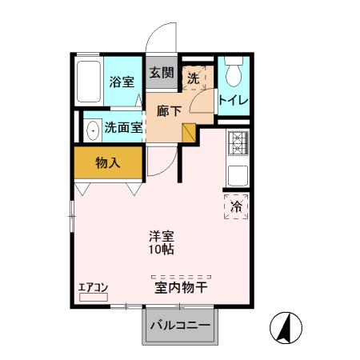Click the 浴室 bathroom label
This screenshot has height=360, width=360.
pyautogui.click(x=122, y=81)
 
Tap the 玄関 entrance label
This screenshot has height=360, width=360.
pyautogui.click(x=161, y=72)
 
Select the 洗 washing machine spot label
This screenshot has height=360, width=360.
pyautogui.click(x=193, y=78)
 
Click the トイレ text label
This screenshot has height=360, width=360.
pyautogui.click(x=233, y=101)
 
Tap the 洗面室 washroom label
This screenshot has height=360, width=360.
pyautogui.click(x=123, y=126)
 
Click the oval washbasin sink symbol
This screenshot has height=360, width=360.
pyautogui.click(x=92, y=127)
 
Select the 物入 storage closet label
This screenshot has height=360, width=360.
pyautogui.click(x=107, y=163)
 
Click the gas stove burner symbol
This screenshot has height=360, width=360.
pyautogui.click(x=238, y=143)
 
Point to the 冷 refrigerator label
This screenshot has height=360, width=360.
pyautogui.click(x=236, y=206)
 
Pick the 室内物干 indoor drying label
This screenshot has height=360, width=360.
pyautogui.click(x=182, y=285)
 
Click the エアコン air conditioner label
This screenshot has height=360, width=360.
pyautogui.click(x=93, y=286)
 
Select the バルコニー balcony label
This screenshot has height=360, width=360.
pyautogui.click(x=182, y=326)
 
